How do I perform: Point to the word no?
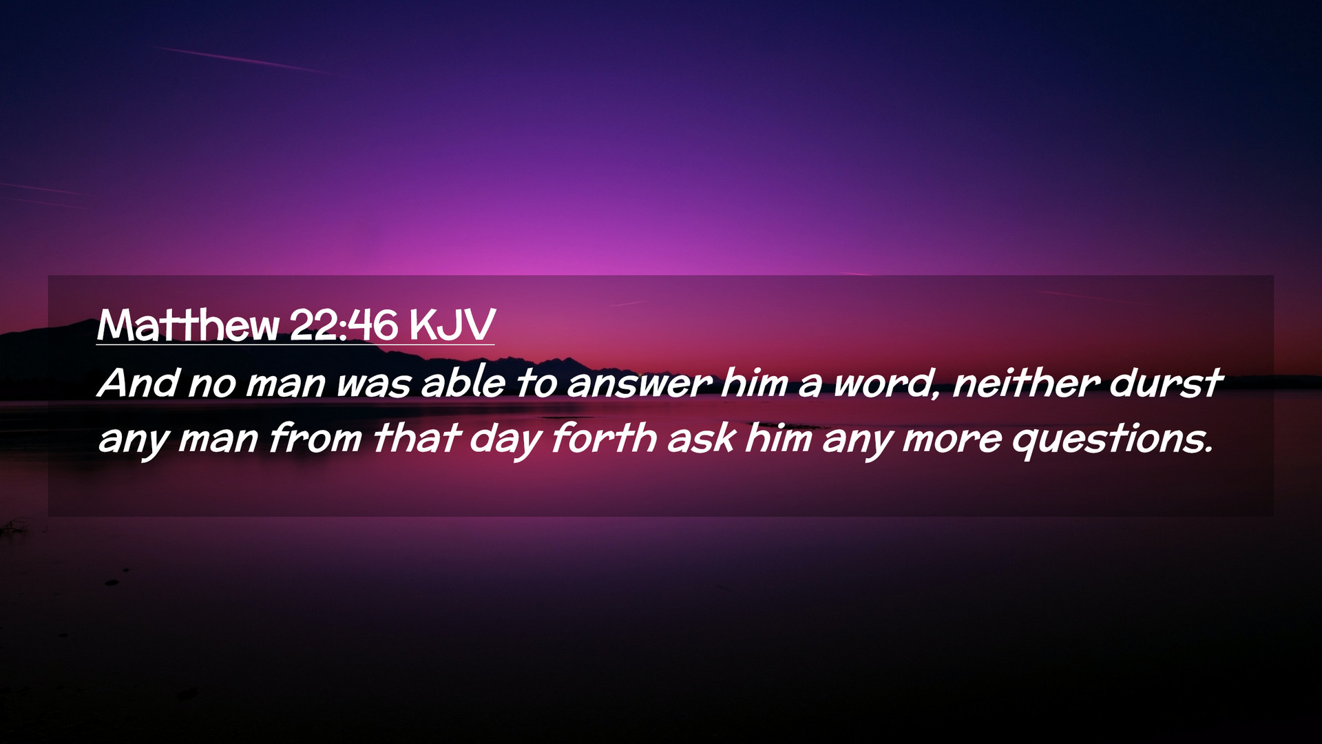[x=212, y=386]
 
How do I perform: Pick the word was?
[x=374, y=386]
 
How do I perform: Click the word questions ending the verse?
[x=1111, y=441]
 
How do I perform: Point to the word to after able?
[x=536, y=383]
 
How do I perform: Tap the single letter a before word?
[x=810, y=386]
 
